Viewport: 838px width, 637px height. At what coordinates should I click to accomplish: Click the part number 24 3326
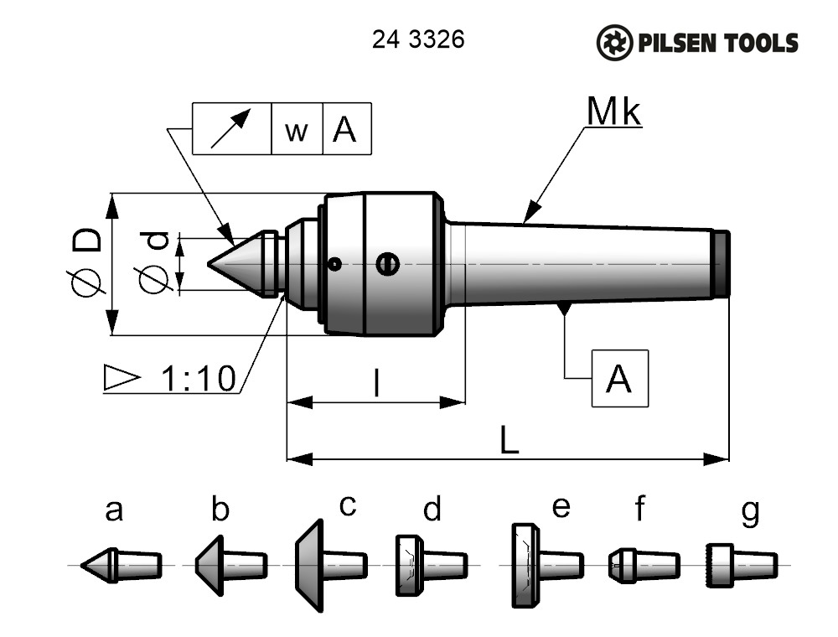point(417,40)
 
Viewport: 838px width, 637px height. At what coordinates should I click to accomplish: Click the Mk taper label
point(613,111)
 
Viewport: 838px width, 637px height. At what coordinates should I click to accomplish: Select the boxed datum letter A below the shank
point(619,379)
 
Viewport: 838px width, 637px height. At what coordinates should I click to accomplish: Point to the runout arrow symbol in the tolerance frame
point(231,129)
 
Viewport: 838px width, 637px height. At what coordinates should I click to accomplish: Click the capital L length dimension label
point(509,441)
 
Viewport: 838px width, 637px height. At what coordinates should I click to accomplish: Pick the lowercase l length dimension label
point(377,384)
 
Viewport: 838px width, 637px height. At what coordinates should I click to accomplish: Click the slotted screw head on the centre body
point(386,264)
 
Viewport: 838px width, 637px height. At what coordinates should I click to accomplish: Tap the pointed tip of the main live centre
point(209,263)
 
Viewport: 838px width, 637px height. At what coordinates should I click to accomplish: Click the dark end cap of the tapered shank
point(722,263)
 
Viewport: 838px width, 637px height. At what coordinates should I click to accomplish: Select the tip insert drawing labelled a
point(121,565)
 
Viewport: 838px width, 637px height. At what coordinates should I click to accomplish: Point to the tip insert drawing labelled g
point(742,565)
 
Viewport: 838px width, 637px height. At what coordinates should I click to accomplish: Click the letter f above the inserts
point(639,508)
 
